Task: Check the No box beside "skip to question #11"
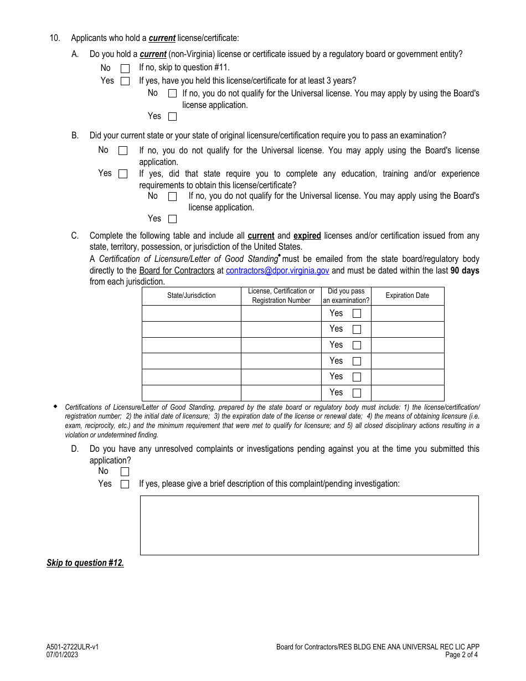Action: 125,69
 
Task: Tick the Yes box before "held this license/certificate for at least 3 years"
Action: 125,81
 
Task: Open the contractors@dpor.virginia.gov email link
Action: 277,271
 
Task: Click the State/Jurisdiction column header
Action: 192,296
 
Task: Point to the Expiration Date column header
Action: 407,296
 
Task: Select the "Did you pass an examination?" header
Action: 346,296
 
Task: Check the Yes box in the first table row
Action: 357,313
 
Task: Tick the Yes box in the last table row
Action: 357,393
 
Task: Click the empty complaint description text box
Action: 309,525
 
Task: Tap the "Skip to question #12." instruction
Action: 85,563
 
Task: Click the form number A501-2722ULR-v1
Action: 73,647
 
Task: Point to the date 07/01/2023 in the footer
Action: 62,654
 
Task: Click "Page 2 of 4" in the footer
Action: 461,654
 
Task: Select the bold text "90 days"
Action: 465,271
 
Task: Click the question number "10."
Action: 55,38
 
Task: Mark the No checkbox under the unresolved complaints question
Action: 125,472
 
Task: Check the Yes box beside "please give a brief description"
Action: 125,484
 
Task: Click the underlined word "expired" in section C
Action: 307,236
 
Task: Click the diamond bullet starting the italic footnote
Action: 55,406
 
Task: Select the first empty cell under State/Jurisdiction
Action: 192,313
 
